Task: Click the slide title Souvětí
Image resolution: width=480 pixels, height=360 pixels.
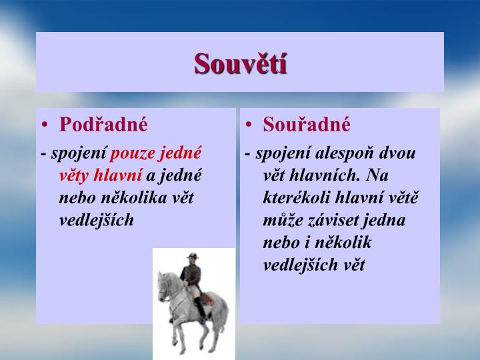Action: [x=240, y=63]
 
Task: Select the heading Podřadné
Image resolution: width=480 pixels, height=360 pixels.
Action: [x=103, y=125]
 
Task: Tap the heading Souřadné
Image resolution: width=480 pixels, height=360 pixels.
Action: [x=307, y=125]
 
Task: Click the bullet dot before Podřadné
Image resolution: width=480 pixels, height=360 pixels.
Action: [x=45, y=125]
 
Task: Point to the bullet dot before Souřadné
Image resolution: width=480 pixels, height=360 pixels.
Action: [x=249, y=125]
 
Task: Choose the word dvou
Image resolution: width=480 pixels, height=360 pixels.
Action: [x=397, y=153]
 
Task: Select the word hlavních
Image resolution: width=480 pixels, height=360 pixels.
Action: [x=324, y=175]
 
